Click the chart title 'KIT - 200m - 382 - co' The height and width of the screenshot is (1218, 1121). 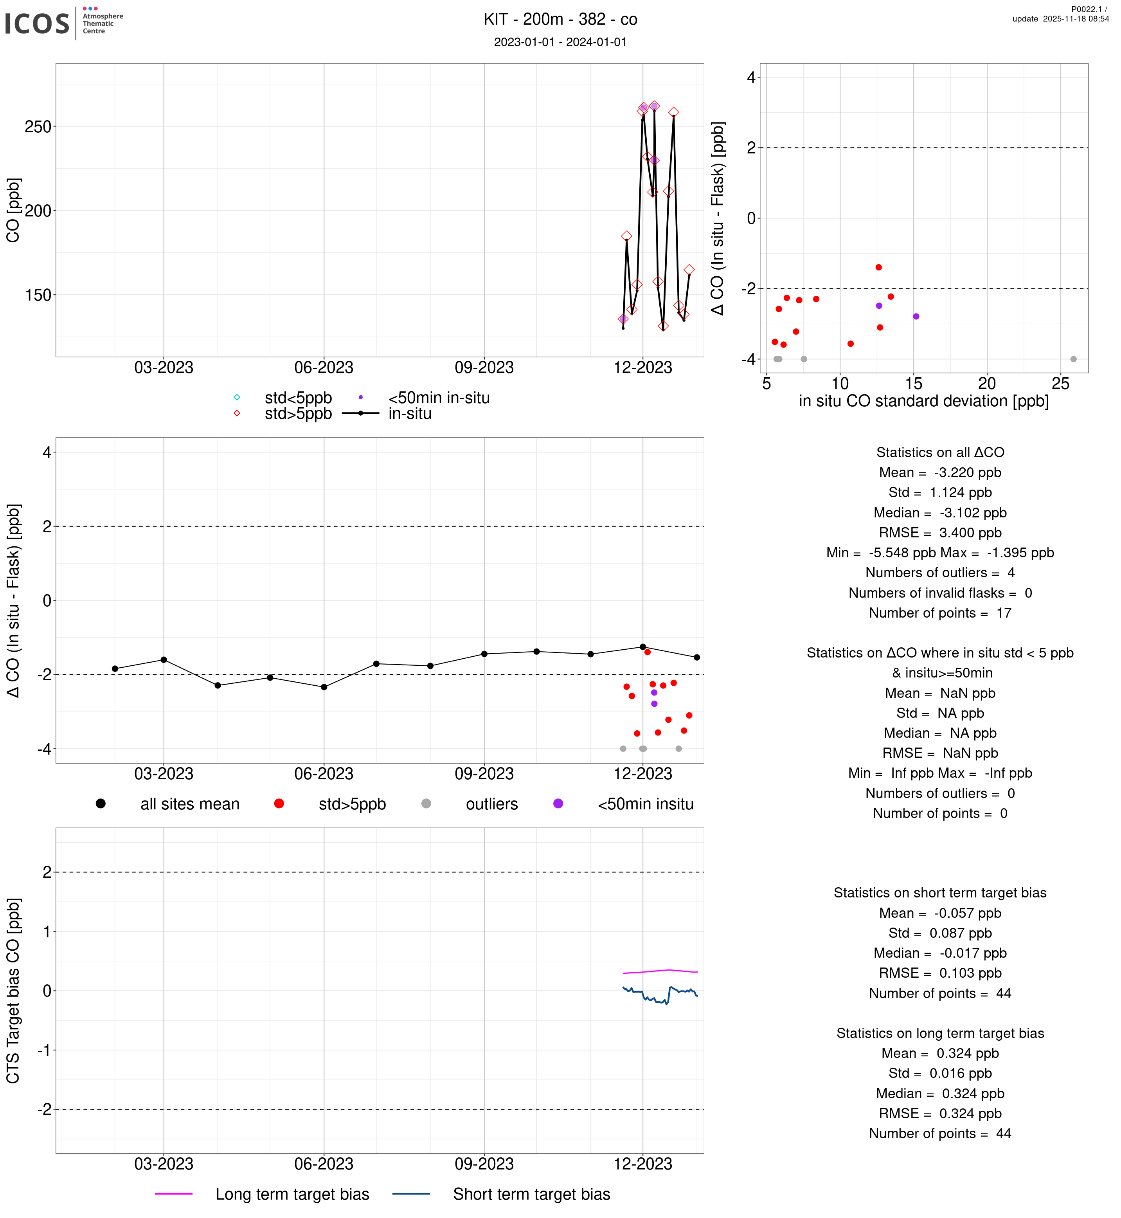[560, 20]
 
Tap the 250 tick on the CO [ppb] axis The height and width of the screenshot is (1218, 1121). [38, 127]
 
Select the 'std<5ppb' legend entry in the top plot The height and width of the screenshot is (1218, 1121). [298, 398]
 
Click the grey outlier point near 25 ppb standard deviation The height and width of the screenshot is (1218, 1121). [1073, 359]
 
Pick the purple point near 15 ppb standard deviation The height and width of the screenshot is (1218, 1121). [916, 316]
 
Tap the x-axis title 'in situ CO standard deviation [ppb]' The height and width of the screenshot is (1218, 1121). [923, 401]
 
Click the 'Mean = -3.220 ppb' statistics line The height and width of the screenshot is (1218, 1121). [939, 473]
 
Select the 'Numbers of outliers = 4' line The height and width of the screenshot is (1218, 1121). [939, 573]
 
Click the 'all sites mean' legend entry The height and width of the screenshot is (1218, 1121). [189, 804]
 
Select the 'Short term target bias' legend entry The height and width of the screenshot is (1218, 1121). [531, 1195]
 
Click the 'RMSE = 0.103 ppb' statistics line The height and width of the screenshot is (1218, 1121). [939, 973]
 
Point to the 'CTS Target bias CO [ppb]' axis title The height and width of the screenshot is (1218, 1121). [13, 991]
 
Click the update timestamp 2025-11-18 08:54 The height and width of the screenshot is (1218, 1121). [1060, 19]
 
